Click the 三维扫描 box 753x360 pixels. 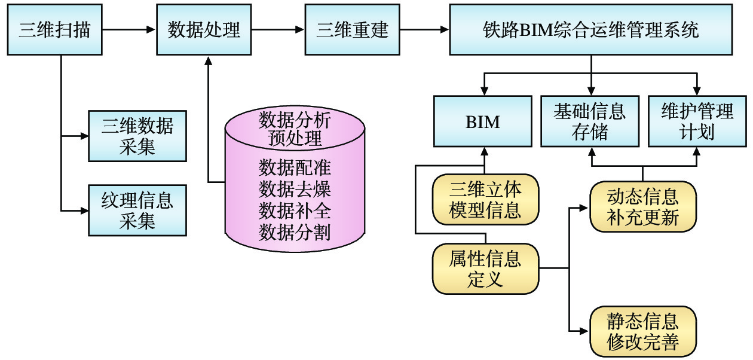[x=55, y=29]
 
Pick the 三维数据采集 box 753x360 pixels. [x=137, y=136]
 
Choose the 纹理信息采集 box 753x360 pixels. [x=137, y=210]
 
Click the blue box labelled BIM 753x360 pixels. [x=483, y=122]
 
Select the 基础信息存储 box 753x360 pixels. [x=590, y=122]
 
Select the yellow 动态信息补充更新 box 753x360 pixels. [x=643, y=207]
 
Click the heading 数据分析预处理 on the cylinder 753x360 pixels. [x=295, y=128]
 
